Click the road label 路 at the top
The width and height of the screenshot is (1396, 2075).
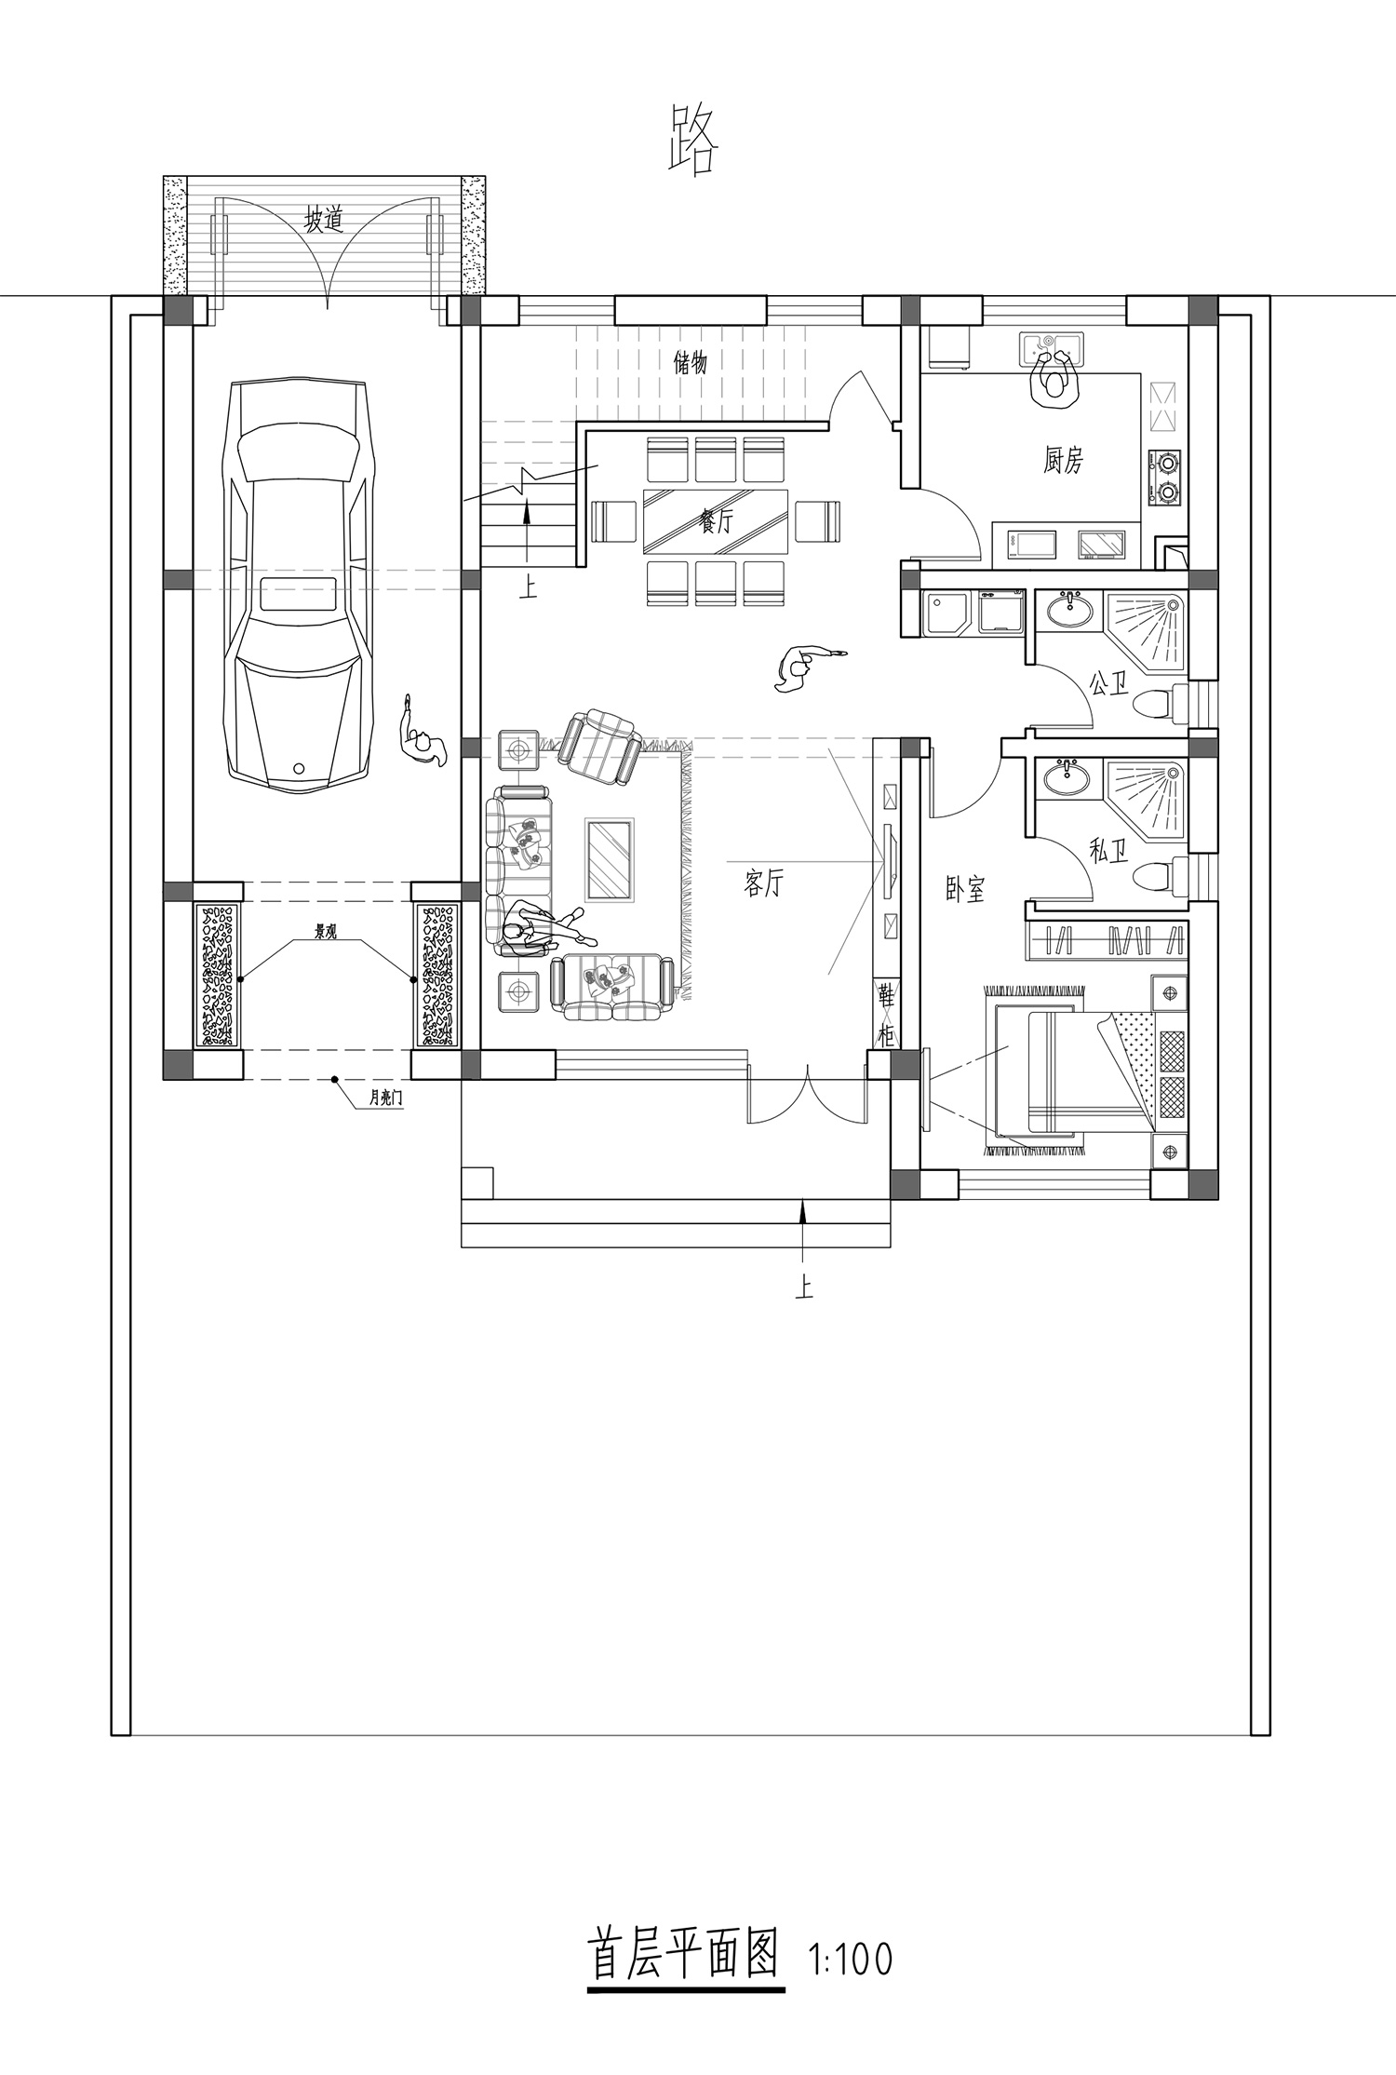[x=694, y=140]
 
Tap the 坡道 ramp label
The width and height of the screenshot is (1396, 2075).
[x=325, y=221]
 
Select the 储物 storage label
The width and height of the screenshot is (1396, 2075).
[x=691, y=362]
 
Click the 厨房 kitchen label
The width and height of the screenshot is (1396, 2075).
[x=1062, y=460]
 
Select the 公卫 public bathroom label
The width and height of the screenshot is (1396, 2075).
[x=1108, y=686]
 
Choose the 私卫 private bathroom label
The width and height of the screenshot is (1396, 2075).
[x=1108, y=850]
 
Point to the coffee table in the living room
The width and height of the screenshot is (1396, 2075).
[x=609, y=859]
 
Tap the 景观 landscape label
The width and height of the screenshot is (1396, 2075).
[x=325, y=931]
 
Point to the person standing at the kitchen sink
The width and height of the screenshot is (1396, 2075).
[x=1055, y=375]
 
